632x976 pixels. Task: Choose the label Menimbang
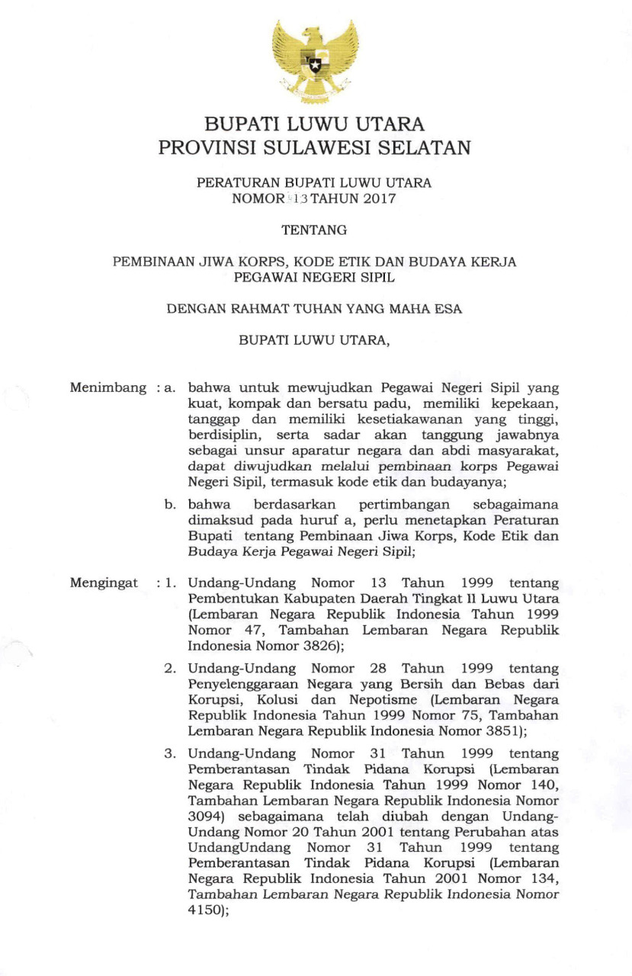pos(107,387)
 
